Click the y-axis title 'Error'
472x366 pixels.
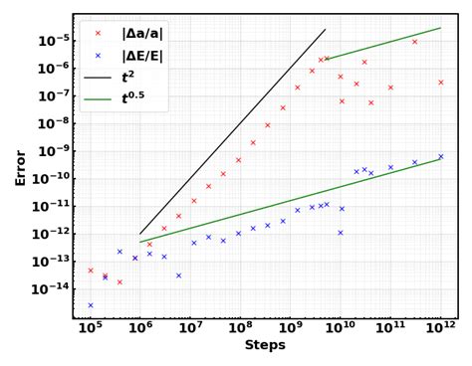click(20, 167)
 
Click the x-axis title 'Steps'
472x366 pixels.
click(265, 346)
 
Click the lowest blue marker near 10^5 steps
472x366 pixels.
click(90, 305)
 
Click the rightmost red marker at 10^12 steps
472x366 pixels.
click(440, 82)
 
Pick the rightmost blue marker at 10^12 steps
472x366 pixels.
click(440, 156)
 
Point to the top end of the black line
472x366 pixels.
click(354, 30)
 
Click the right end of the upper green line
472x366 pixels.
click(440, 28)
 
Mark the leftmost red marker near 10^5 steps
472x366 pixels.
click(90, 271)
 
